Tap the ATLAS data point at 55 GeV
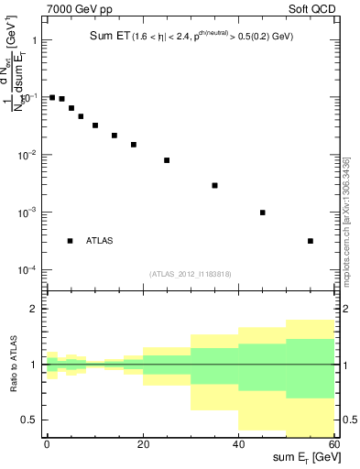pos(311,241)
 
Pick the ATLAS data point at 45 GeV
pos(263,213)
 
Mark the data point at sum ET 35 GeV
pos(214,185)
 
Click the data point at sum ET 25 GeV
pos(167,160)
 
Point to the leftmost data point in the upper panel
pos(52,97)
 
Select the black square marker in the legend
pos(70,241)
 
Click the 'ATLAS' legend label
pos(100,241)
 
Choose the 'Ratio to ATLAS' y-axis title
pos(14,365)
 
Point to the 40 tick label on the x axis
pos(238,443)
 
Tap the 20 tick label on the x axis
pos(142,443)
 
